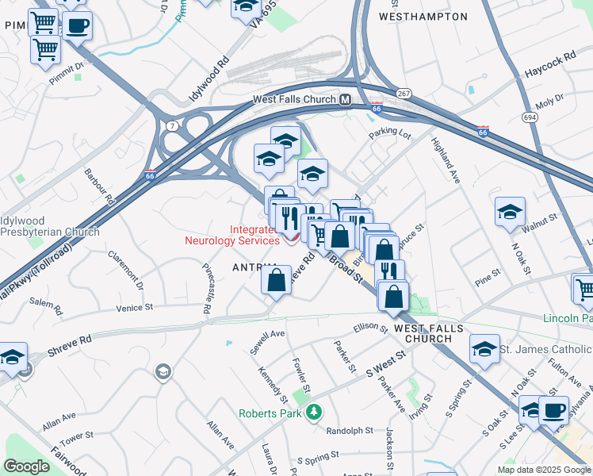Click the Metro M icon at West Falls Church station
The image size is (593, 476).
tap(345, 100)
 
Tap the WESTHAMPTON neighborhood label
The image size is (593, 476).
tap(423, 16)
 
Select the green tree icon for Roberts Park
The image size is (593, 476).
tap(315, 413)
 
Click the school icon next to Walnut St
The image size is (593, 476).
tap(510, 212)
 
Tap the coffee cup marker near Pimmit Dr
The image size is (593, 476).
tap(77, 25)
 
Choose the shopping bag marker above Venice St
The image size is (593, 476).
tap(276, 281)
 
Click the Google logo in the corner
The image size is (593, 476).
tap(26, 466)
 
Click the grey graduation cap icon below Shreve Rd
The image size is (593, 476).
tap(163, 372)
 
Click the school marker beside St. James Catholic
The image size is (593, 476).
tap(484, 350)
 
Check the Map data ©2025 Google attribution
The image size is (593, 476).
tap(544, 470)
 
